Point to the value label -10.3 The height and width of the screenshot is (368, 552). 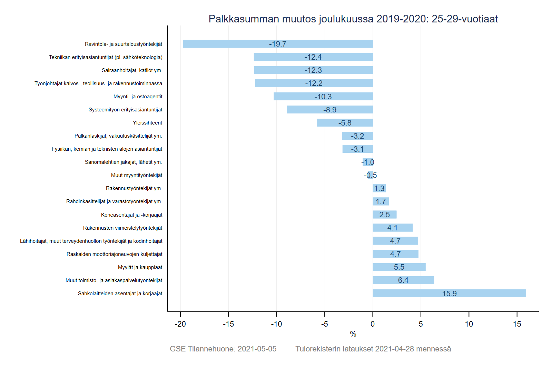tap(323, 97)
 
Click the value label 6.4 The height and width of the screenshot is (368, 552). tap(403, 280)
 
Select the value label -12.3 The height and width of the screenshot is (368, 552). tap(313, 70)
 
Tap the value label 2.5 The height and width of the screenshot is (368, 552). tap(384, 215)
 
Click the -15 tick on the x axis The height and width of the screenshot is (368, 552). tap(228, 324)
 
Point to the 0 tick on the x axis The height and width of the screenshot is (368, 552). tap(373, 324)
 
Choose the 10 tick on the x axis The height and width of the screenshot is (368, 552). tap(469, 324)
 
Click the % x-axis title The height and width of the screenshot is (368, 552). tap(353, 334)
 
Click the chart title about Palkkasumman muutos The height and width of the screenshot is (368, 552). tap(353, 19)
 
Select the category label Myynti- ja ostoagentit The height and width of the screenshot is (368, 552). tap(138, 97)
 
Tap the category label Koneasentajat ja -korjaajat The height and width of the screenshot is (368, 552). tap(131, 215)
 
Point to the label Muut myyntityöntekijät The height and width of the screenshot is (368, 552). tap(136, 175)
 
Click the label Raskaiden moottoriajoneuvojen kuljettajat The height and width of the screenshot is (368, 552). tap(114, 254)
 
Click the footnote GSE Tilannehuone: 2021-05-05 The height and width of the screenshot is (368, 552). tap(223, 349)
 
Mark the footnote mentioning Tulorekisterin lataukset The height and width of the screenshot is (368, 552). tap(373, 349)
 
